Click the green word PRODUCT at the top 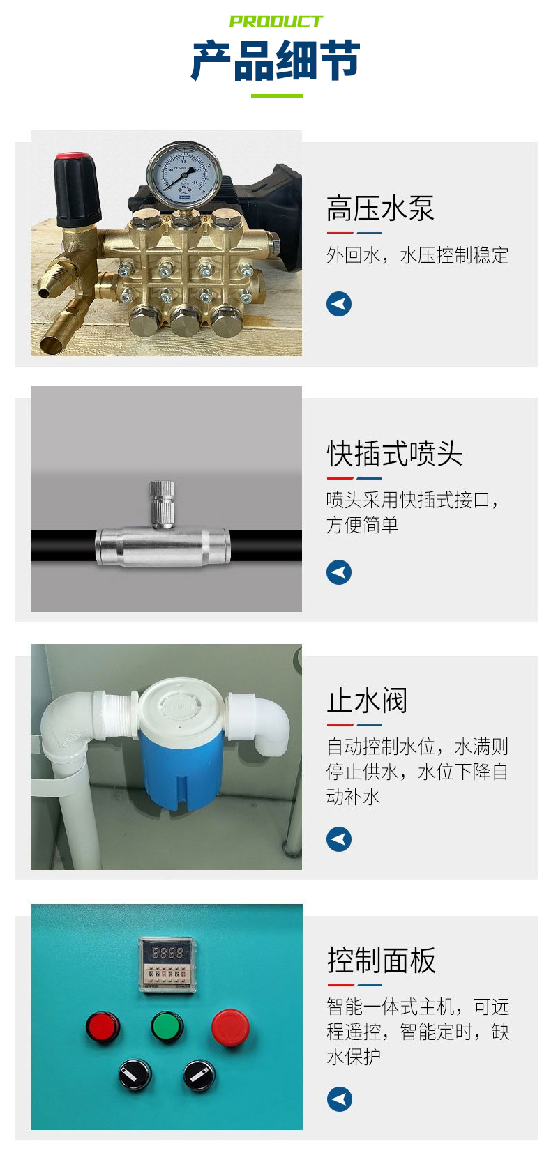pos(276,22)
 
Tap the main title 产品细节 pos(276,61)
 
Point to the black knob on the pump pos(77,185)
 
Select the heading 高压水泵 pos(380,208)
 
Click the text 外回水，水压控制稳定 pos(417,255)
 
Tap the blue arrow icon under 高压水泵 pos(339,304)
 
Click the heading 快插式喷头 pos(395,454)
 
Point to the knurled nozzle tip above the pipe pos(161,500)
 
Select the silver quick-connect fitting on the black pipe pos(162,546)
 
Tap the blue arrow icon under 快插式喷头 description pos(339,572)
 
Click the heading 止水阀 pos(367,701)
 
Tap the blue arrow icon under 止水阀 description pos(339,839)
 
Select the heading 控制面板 pos(382,961)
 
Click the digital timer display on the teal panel pos(167,952)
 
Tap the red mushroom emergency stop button pos(230,1027)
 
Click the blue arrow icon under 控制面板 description pos(340,1099)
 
